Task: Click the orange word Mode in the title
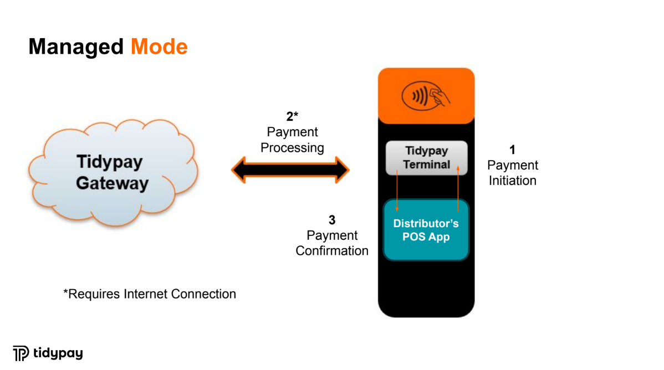click(159, 47)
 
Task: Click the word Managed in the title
click(76, 47)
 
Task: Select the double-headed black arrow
click(290, 169)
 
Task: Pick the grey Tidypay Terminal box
click(426, 158)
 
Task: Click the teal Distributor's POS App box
click(426, 230)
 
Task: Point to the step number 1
click(512, 150)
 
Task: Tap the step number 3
click(332, 220)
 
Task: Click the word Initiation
click(512, 181)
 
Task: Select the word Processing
click(292, 148)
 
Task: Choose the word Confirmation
click(332, 250)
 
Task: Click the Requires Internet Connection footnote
click(150, 294)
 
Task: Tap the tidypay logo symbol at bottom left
click(21, 353)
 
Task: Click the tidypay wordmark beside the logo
click(58, 353)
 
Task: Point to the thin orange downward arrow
click(397, 192)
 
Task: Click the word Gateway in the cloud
click(112, 183)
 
